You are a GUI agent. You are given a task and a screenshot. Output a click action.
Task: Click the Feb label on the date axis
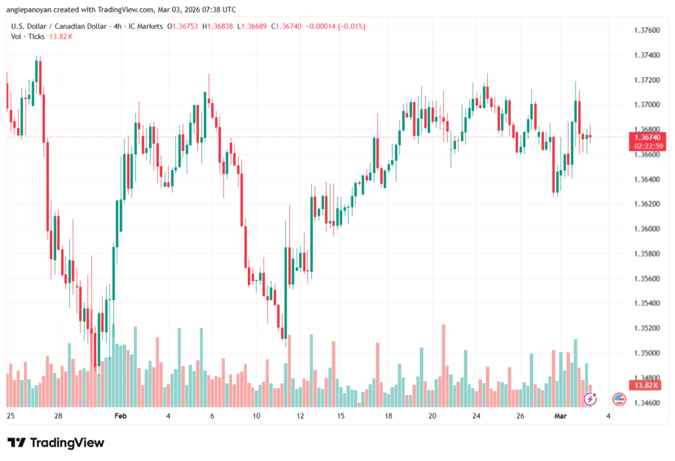(120, 416)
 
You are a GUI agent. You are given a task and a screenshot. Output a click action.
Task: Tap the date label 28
(58, 416)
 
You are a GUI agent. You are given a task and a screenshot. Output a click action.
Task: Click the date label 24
(476, 416)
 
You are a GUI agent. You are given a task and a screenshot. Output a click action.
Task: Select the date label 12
(301, 416)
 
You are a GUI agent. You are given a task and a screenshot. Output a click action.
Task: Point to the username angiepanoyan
(29, 10)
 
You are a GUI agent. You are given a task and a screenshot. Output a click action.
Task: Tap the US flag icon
(618, 398)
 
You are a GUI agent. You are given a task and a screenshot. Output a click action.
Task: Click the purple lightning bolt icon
(591, 398)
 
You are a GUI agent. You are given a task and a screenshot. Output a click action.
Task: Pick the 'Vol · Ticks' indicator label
(28, 36)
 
